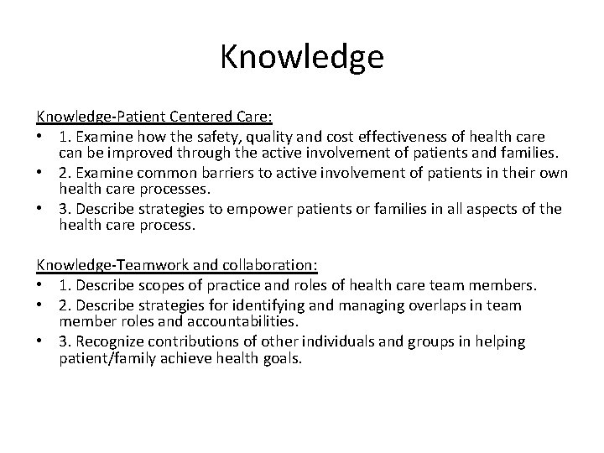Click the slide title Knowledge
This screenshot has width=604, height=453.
302,57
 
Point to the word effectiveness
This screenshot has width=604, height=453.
412,136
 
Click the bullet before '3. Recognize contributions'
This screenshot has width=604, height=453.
41,341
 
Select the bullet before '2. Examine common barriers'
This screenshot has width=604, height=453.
41,173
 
